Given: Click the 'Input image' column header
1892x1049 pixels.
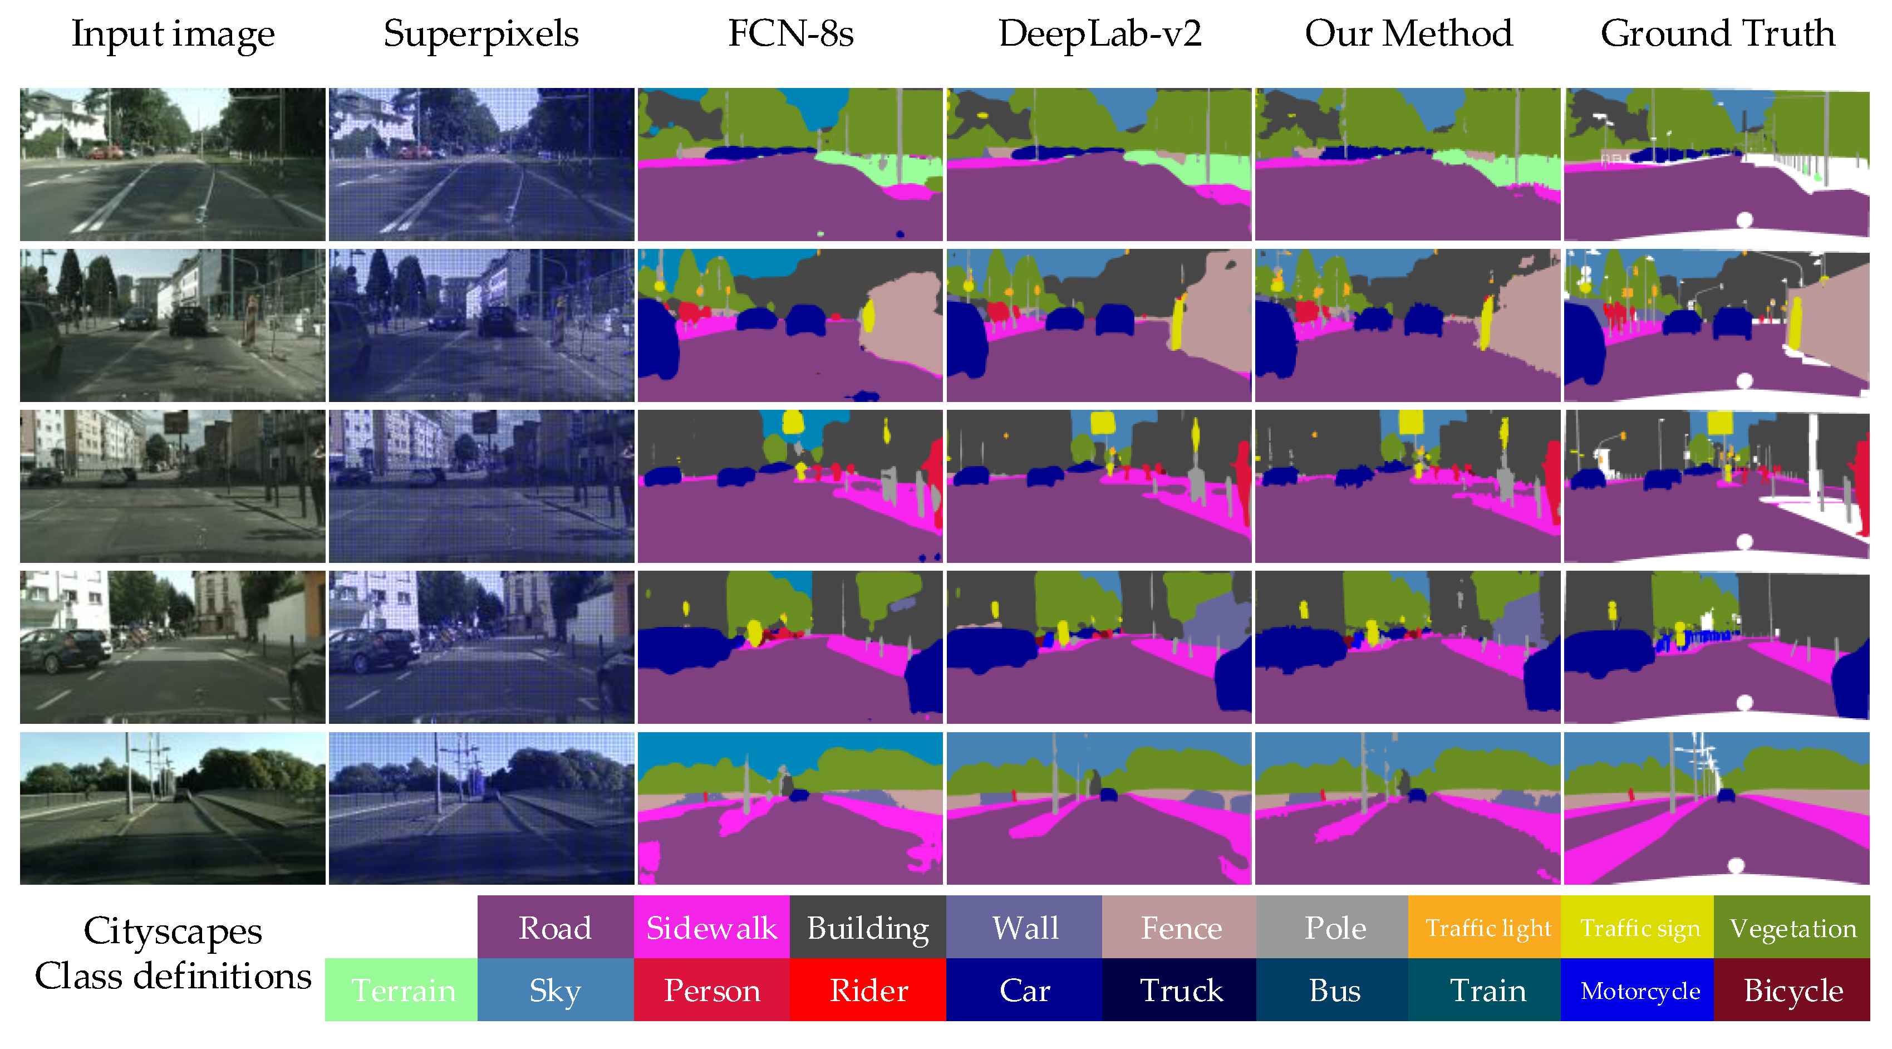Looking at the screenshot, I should pos(173,34).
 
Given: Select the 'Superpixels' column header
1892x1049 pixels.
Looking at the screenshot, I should pos(481,34).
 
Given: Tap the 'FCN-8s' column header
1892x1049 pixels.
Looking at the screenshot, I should pos(790,34).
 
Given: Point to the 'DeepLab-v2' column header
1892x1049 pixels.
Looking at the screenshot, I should pos(1099,34).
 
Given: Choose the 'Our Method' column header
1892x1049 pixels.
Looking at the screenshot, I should pos(1408,34).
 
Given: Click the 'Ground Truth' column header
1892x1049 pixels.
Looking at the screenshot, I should pos(1717,34).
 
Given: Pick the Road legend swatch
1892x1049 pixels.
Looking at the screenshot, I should pos(556,927).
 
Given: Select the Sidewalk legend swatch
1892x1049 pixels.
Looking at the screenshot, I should pos(711,927).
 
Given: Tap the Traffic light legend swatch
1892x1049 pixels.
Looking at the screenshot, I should pos(1488,927).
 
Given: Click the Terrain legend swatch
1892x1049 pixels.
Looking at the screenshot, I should pos(402,989).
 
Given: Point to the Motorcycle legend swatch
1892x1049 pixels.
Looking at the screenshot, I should pos(1639,989).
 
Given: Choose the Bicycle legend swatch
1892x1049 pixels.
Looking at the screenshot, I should pos(1792,989).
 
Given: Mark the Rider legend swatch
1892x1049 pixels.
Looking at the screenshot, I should pos(868,989).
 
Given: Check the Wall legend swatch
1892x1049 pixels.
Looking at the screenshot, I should pos(1025,927).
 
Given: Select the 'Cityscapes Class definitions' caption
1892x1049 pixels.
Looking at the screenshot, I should pos(173,953).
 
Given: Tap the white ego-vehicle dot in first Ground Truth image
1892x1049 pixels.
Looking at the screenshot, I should pos(1744,219).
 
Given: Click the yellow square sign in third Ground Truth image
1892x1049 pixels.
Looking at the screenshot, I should pos(1720,423).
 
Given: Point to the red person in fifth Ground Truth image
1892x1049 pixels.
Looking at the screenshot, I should pos(1631,794).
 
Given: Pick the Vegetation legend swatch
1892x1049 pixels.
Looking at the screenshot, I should pos(1792,927).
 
